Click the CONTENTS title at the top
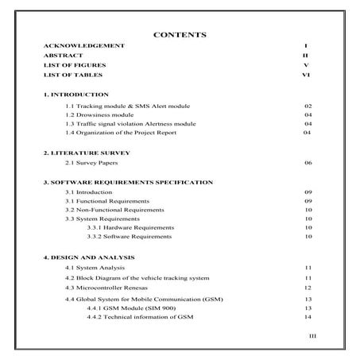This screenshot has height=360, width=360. coord(180,35)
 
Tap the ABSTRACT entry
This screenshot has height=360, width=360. coord(63,56)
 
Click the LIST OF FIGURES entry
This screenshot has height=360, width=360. coord(74,65)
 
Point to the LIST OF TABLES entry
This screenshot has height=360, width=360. coord(72,75)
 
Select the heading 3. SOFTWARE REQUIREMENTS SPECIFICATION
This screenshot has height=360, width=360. coord(128,182)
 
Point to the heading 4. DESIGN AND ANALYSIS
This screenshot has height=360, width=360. coord(88,257)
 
